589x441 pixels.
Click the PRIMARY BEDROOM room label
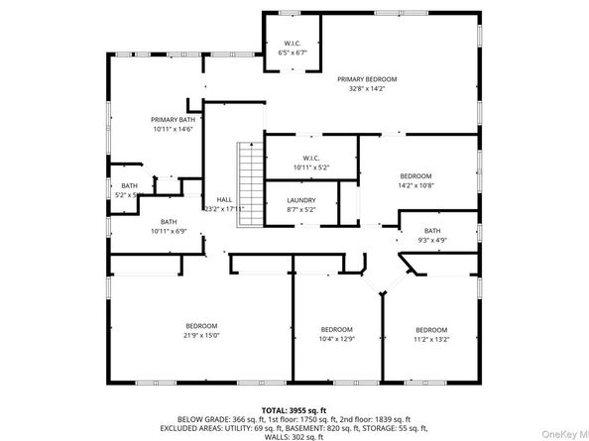coord(367,78)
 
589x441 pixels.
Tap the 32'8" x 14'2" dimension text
coord(367,88)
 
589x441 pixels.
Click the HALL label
coord(224,200)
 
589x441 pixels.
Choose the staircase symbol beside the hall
coord(248,183)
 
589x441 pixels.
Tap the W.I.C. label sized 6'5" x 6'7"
coord(292,43)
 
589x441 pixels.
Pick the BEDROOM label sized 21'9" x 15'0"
coord(201,326)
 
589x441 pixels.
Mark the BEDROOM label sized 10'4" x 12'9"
coord(336,329)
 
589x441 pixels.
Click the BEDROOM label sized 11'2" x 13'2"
coord(431,329)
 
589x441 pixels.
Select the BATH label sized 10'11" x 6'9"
coord(169,222)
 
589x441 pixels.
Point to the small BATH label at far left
coord(129,185)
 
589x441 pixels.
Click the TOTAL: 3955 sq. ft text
coord(294,409)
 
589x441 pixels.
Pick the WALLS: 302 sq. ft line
coord(294,436)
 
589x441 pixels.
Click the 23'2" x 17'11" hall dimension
coord(224,209)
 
